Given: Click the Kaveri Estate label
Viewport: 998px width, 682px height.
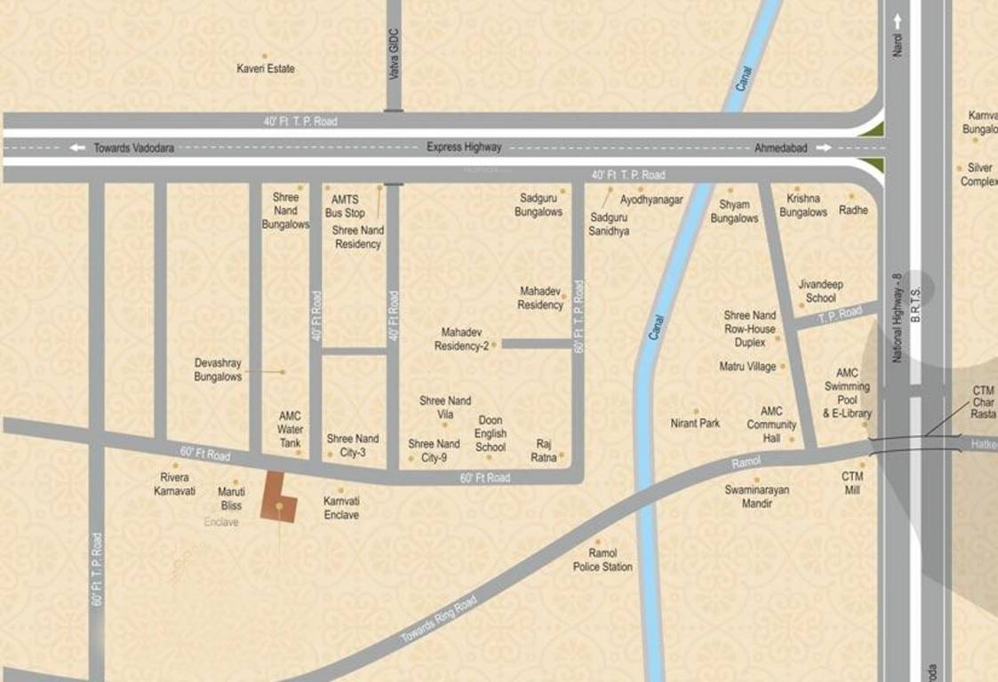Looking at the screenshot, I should (266, 68).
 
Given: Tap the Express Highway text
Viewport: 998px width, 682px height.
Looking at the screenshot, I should (463, 147).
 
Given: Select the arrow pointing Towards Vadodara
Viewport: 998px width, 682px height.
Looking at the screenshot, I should (78, 148).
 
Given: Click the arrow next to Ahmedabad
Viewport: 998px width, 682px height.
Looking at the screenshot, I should (824, 148).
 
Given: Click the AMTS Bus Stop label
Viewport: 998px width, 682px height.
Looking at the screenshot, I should (345, 207).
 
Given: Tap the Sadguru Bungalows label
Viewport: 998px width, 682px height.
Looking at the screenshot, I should (539, 206).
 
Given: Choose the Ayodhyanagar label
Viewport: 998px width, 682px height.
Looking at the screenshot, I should (651, 201).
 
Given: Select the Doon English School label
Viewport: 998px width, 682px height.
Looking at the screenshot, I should (491, 433).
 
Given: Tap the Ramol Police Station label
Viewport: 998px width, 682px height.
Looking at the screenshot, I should (603, 560).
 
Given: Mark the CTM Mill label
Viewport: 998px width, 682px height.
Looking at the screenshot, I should (853, 483).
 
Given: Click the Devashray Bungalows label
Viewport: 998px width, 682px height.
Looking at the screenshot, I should (219, 369).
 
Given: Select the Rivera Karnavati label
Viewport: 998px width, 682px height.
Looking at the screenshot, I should (174, 484).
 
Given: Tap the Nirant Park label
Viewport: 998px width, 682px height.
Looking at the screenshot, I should (695, 424).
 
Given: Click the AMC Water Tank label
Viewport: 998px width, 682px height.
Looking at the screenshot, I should (291, 429).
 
